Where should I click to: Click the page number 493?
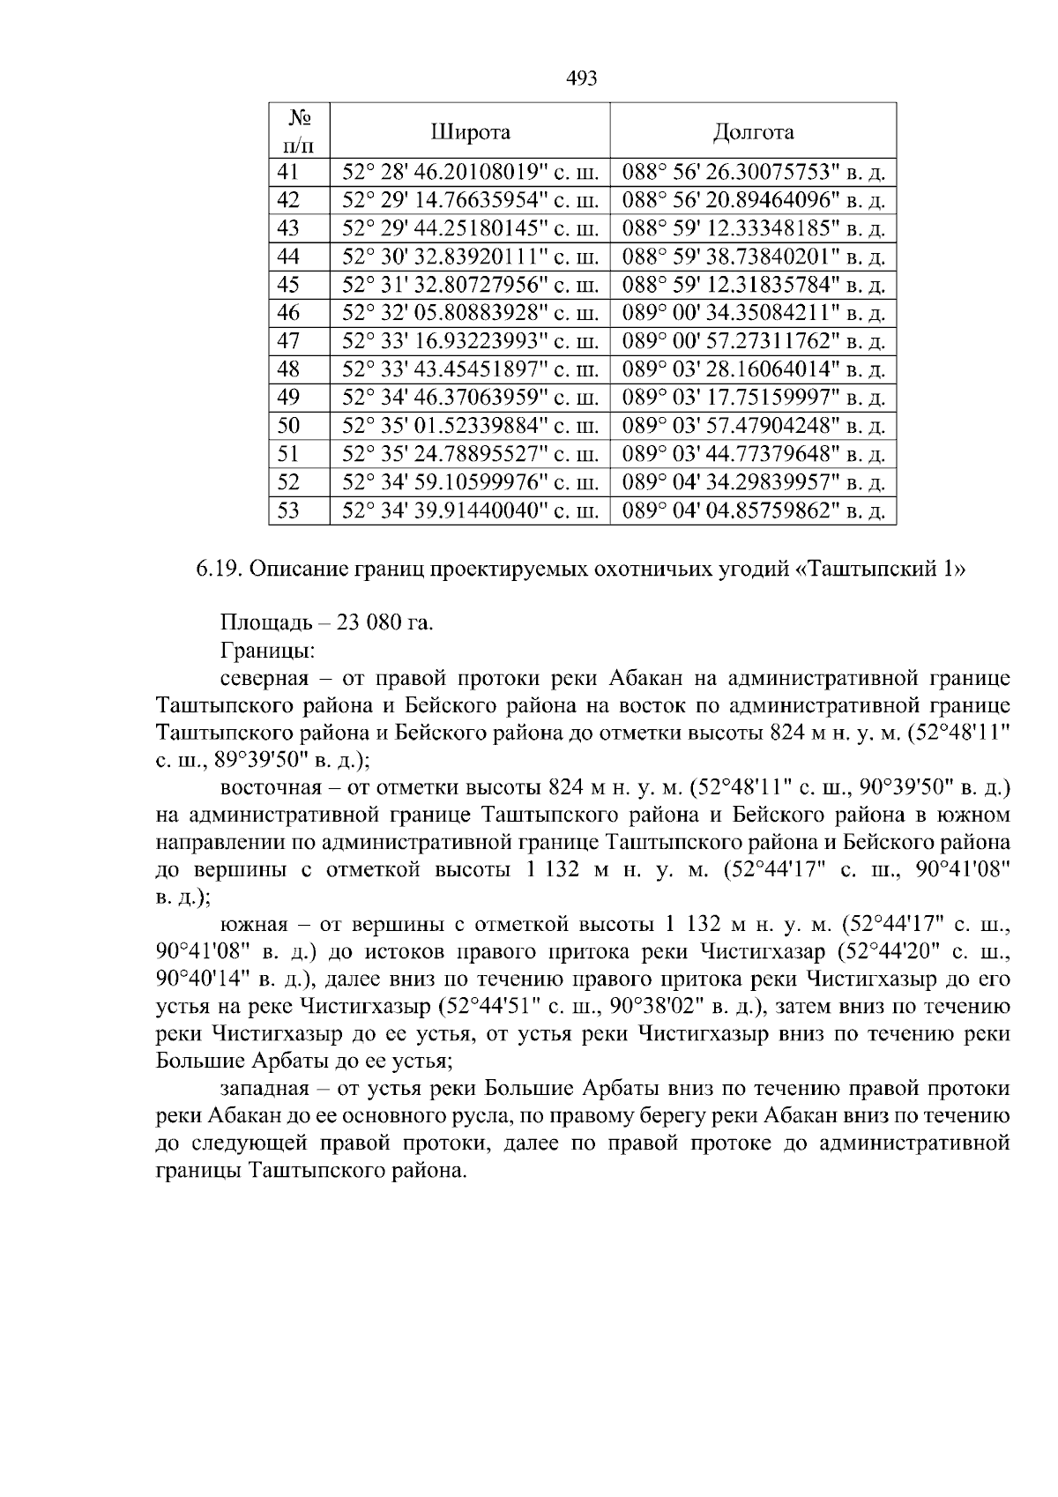point(581,78)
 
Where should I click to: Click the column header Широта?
point(470,132)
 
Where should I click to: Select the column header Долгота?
point(753,132)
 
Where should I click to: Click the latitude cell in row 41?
point(470,172)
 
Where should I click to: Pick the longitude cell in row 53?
point(753,510)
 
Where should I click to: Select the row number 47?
point(288,341)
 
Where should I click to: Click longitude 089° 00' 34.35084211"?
point(753,313)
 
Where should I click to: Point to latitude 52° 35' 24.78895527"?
point(470,454)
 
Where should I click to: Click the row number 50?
point(288,426)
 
